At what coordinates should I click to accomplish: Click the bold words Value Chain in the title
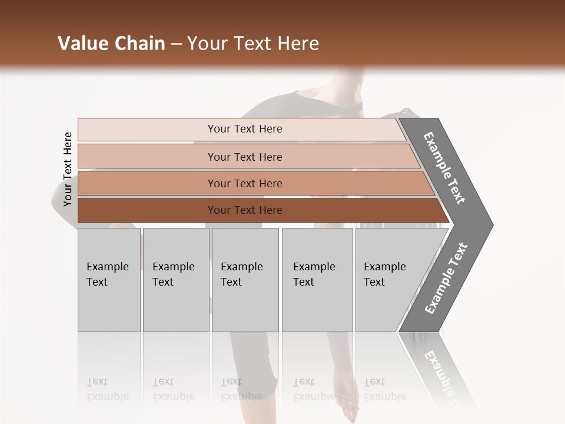coord(111,44)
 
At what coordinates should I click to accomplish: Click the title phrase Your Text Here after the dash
coord(253,44)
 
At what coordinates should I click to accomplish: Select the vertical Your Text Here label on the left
coord(68,170)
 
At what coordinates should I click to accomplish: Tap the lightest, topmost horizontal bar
coord(245,129)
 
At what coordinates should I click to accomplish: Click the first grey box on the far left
coord(109,280)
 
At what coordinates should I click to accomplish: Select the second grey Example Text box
coord(175,280)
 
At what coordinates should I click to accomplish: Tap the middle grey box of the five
coord(245,280)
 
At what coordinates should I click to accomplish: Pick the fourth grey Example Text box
coord(317,280)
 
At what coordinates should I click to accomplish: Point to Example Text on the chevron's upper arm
coord(444,168)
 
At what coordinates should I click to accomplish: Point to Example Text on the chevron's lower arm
coord(446,279)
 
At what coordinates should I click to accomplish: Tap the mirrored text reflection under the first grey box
coord(107,389)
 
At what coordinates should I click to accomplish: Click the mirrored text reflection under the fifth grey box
coord(384,389)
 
